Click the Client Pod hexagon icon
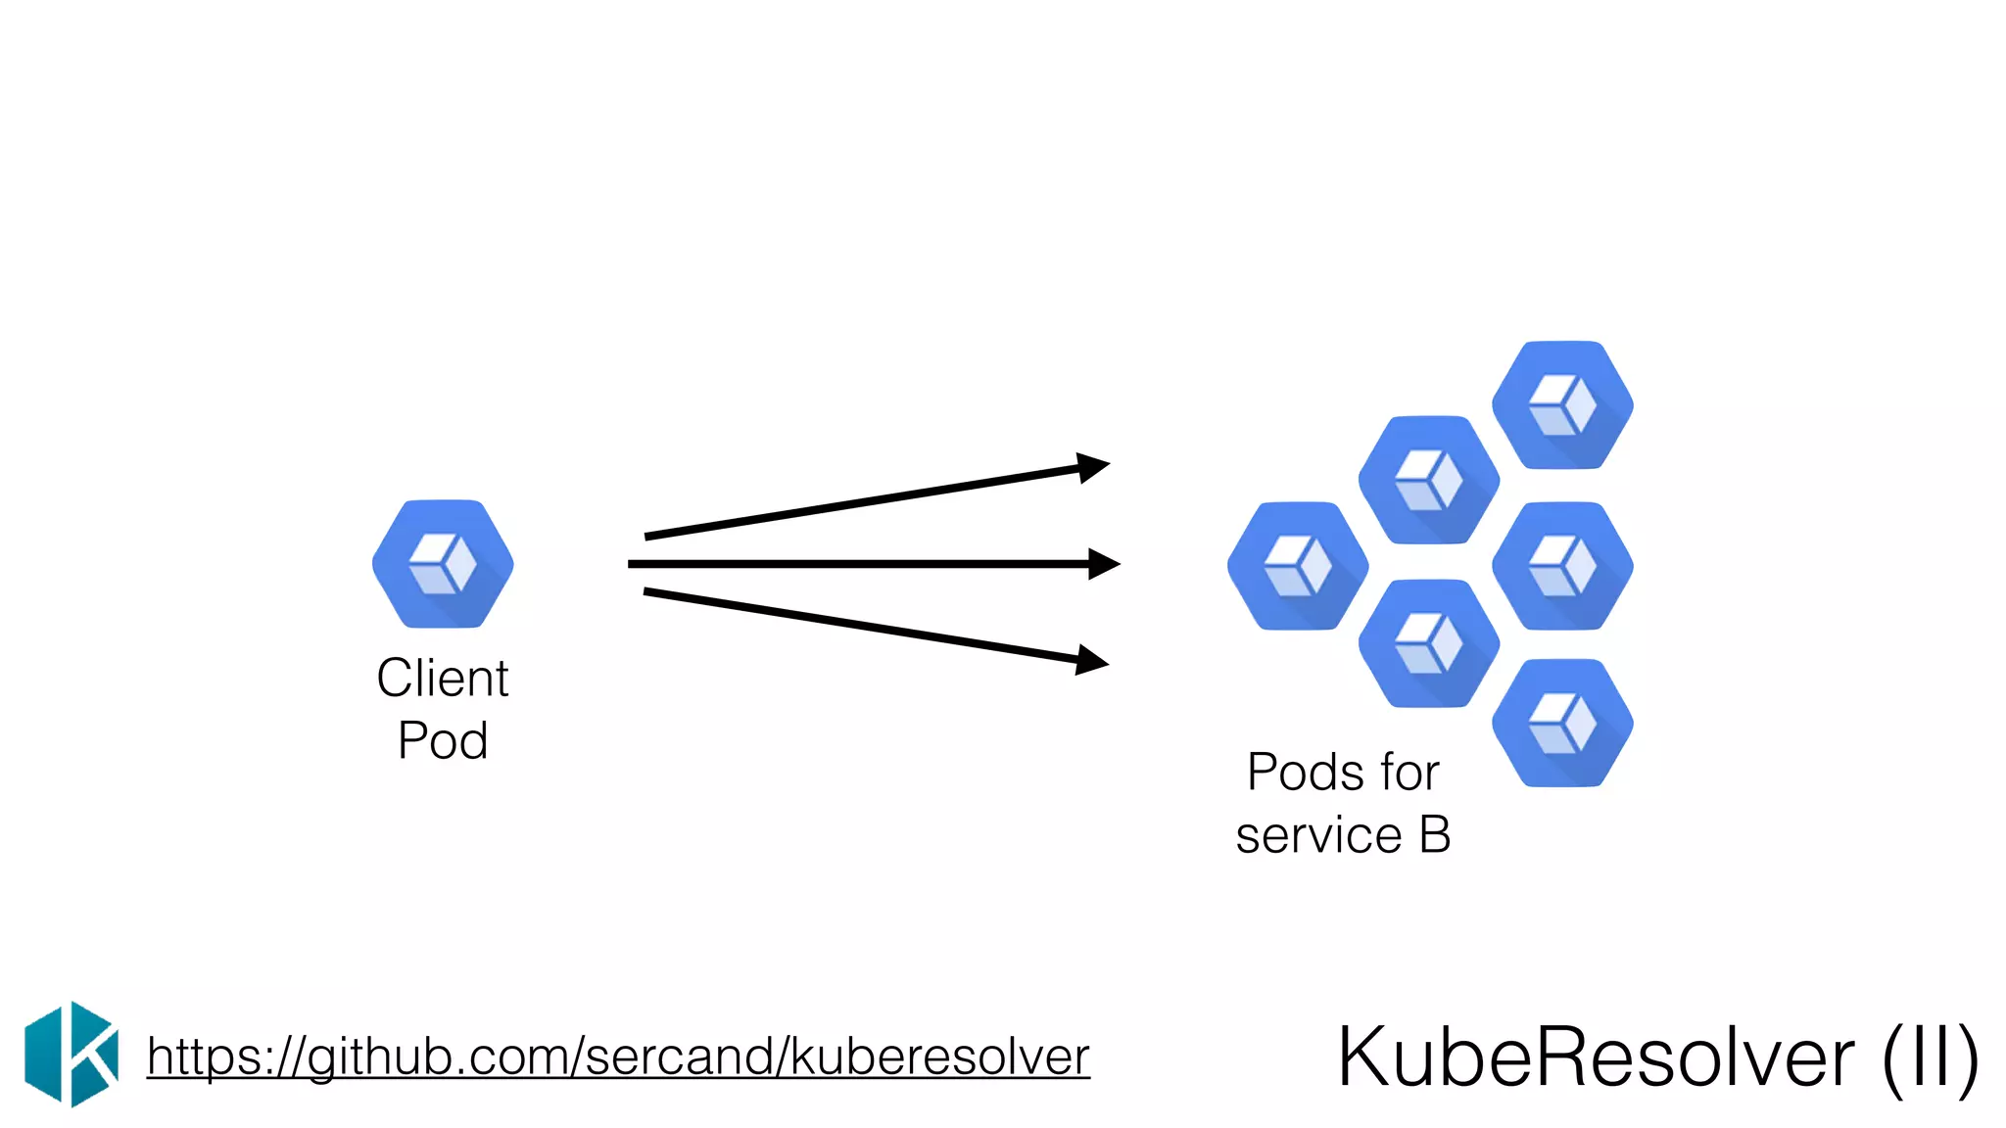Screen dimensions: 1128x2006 pyautogui.click(x=443, y=564)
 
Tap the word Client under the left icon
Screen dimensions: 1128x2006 pyautogui.click(x=443, y=678)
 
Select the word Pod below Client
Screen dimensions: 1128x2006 pyautogui.click(x=443, y=740)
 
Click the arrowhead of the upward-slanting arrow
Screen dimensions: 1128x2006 pyautogui.click(x=1093, y=467)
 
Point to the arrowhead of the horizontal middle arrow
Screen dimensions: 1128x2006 pyautogui.click(x=1105, y=564)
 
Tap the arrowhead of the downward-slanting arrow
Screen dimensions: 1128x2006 pyautogui.click(x=1092, y=660)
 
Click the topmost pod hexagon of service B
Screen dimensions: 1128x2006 pyautogui.click(x=1562, y=404)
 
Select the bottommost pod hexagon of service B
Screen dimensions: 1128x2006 pyautogui.click(x=1562, y=723)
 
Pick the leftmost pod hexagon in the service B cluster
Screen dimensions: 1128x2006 pyautogui.click(x=1298, y=566)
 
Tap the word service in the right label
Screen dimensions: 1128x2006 pyautogui.click(x=1318, y=836)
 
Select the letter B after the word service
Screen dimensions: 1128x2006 pyautogui.click(x=1435, y=835)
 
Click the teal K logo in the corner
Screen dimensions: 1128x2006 pyautogui.click(x=72, y=1055)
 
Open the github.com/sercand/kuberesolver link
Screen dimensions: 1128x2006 pyautogui.click(x=618, y=1057)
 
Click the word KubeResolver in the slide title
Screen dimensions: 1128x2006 pyautogui.click(x=1596, y=1057)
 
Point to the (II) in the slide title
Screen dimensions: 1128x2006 pyautogui.click(x=1930, y=1057)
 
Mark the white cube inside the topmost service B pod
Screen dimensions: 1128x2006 pyautogui.click(x=1562, y=404)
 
